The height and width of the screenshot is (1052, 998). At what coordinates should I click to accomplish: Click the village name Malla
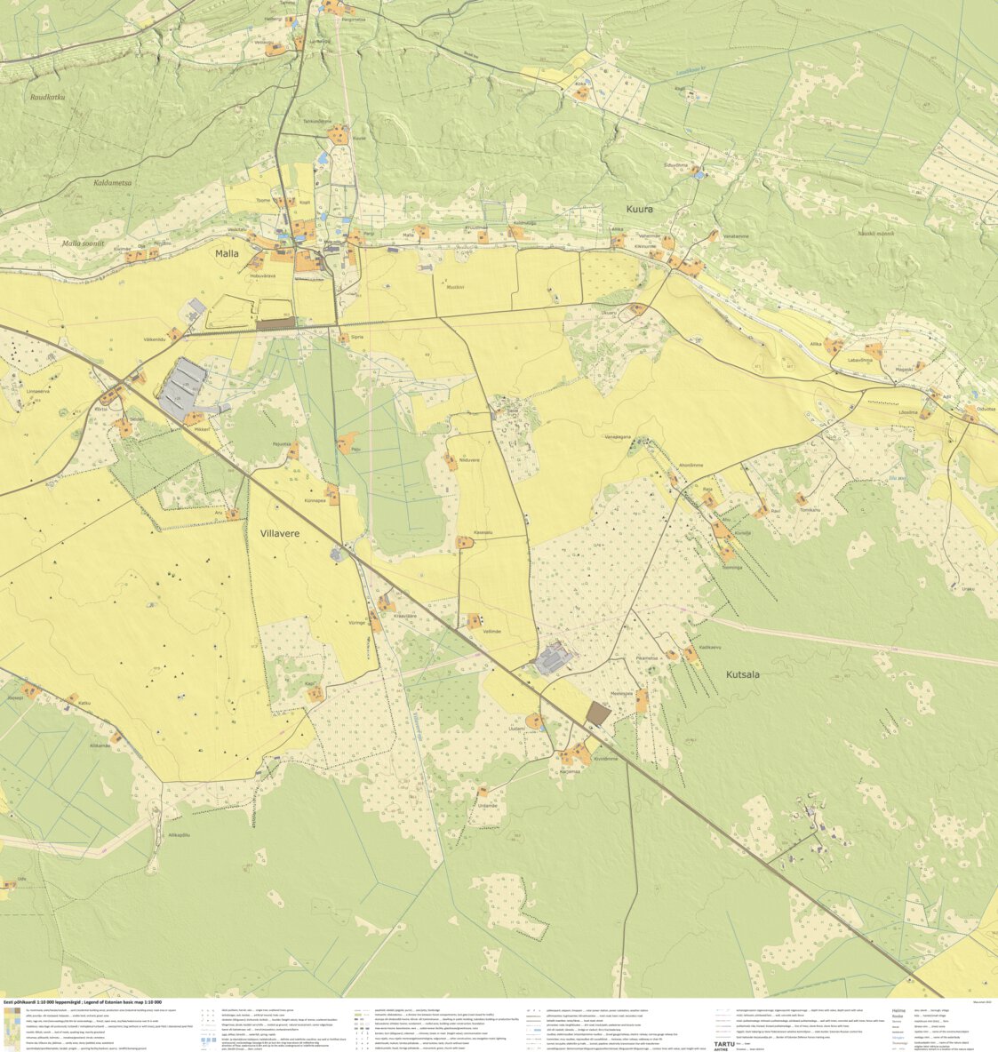point(228,253)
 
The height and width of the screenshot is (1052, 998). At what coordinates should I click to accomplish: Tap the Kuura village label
point(639,210)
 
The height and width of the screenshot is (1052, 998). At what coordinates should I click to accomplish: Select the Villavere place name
point(280,534)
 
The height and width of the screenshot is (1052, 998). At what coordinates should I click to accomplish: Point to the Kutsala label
point(743,674)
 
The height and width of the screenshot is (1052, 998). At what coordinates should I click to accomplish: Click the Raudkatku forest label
point(48,98)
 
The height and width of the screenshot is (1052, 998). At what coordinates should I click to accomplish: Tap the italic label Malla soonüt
point(84,243)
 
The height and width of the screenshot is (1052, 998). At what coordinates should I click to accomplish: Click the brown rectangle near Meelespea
point(599,713)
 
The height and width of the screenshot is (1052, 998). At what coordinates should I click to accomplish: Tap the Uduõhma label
point(676,165)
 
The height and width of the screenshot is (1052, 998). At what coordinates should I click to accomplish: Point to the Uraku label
point(968,589)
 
